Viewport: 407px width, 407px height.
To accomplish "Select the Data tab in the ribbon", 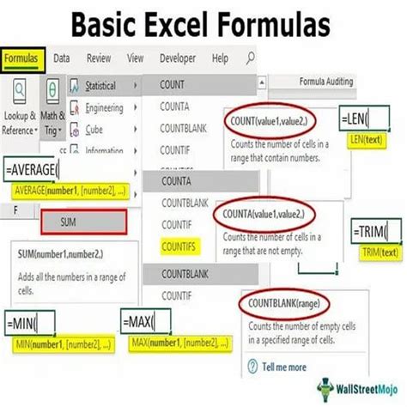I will click(x=62, y=58).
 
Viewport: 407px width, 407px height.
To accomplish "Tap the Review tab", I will click(x=99, y=58).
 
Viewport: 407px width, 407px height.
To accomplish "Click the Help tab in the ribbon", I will click(x=220, y=58).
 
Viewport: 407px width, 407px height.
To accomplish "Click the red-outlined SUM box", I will click(x=84, y=222).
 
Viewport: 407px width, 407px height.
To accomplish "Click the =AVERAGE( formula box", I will click(x=39, y=167).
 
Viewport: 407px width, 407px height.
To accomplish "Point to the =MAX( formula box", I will click(x=145, y=325).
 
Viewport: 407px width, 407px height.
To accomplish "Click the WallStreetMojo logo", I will click(x=355, y=386).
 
